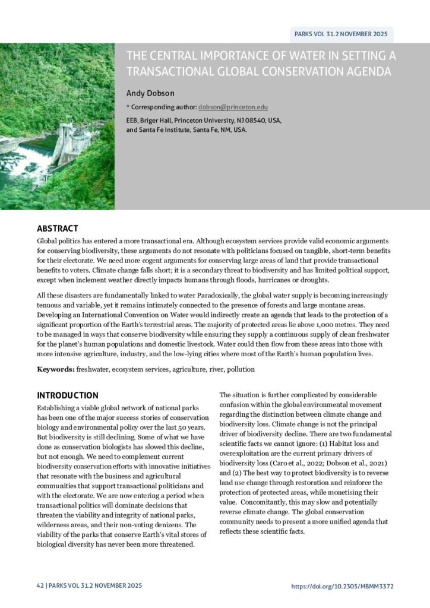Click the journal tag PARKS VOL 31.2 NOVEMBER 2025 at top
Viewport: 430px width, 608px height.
(341, 34)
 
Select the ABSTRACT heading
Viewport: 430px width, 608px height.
(58, 229)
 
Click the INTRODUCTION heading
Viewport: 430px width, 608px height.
(68, 395)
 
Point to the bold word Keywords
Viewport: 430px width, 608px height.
(55, 369)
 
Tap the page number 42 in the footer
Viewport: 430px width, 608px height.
(40, 586)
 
